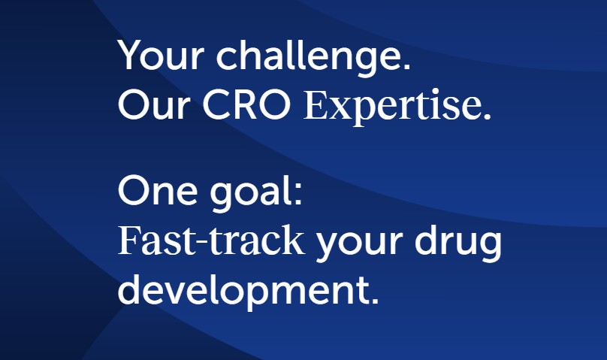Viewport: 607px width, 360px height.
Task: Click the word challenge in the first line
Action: (309, 57)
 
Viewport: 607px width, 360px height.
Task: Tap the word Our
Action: (154, 105)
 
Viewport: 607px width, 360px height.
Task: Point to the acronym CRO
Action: (246, 105)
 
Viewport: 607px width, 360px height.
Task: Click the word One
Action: (158, 190)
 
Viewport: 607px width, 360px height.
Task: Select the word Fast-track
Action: (211, 240)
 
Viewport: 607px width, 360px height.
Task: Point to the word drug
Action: (458, 243)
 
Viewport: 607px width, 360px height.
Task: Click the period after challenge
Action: (406, 66)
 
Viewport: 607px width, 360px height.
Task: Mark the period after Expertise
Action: (487, 116)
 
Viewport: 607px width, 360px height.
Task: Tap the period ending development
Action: (373, 300)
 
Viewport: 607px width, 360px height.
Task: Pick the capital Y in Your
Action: (131, 55)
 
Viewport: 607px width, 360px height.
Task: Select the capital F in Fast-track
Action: (129, 240)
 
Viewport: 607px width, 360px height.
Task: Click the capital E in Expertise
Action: (316, 105)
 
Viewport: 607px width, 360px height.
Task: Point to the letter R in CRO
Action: (246, 105)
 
